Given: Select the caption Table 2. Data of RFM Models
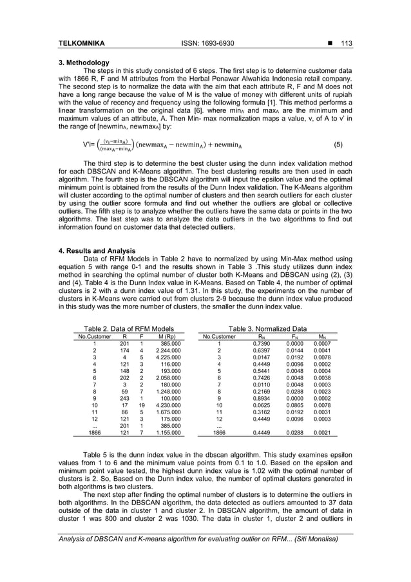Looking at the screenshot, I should coord(126,329).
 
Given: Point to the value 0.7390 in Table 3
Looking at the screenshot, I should coord(263,345).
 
